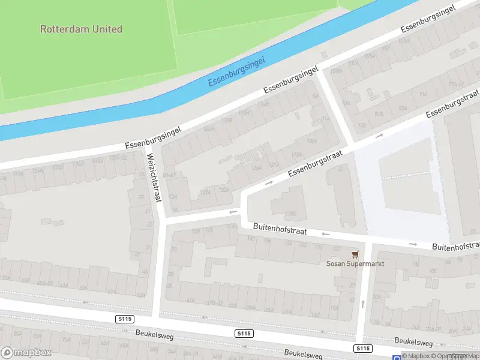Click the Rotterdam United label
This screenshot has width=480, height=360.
(81, 29)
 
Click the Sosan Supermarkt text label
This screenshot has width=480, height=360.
(355, 263)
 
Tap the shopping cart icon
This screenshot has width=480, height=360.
(355, 254)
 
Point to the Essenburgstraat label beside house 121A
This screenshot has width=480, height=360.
(314, 164)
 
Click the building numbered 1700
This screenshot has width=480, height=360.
(290, 213)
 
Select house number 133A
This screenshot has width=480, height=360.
(224, 190)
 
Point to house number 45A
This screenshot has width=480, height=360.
(141, 295)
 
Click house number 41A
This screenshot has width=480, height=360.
(191, 301)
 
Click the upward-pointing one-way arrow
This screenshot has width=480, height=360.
(362, 304)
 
